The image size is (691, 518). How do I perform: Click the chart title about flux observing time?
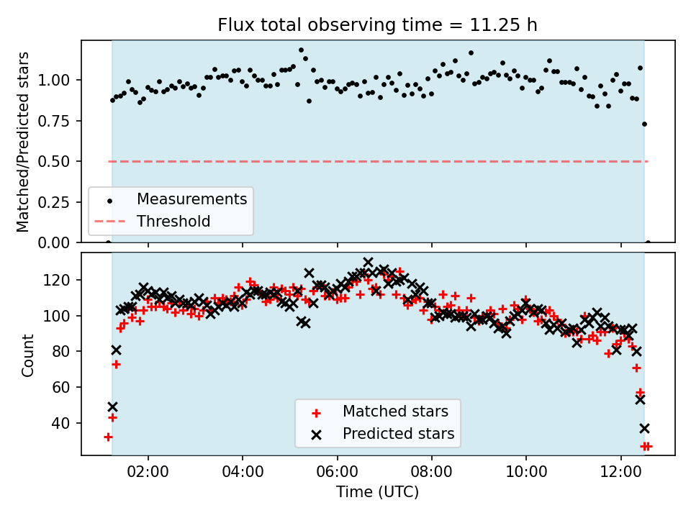[378, 25]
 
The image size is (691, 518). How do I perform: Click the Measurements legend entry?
[191, 199]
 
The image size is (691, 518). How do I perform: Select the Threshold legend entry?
[173, 221]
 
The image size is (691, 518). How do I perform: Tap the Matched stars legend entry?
[394, 412]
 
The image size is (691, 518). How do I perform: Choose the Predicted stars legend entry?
[398, 434]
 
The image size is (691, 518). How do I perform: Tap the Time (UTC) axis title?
[378, 493]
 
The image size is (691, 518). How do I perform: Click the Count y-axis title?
[28, 355]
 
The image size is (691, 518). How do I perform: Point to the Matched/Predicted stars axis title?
[24, 142]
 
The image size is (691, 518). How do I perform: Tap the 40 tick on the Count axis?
[68, 423]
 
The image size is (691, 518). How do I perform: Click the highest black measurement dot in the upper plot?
[301, 50]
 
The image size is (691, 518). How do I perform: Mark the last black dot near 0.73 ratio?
[644, 124]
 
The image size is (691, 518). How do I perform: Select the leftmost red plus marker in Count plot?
[108, 437]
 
